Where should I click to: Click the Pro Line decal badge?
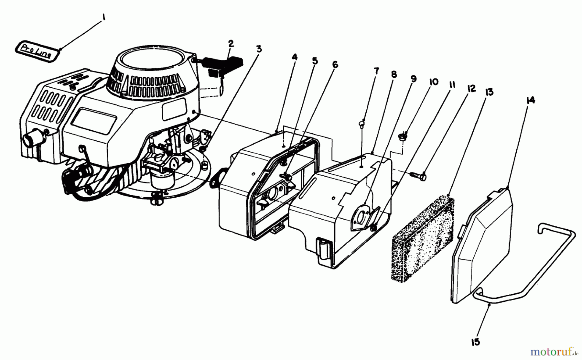[36, 51]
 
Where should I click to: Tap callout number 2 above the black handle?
[231, 44]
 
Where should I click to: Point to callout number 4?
[294, 57]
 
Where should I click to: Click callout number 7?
[376, 71]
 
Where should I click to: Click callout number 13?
[489, 92]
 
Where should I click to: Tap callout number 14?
[530, 100]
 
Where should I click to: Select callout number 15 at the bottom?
[476, 342]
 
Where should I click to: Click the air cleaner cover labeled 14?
[482, 246]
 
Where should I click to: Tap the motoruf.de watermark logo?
[554, 351]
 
